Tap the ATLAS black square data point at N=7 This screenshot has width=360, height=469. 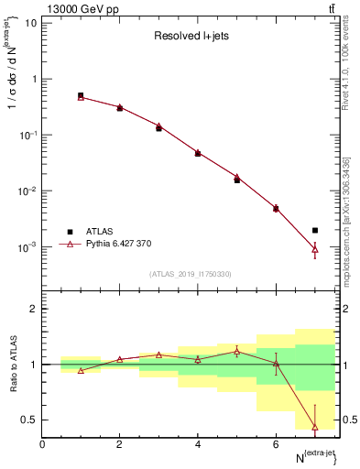pos(315,231)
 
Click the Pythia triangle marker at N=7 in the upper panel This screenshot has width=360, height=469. pos(315,248)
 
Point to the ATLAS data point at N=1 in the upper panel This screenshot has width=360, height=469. pos(81,95)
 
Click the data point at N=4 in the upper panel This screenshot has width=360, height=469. pos(198,153)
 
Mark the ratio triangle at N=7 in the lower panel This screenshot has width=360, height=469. pos(315,427)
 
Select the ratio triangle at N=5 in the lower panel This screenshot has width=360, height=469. pos(236,352)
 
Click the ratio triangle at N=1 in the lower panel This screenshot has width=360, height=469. pos(81,371)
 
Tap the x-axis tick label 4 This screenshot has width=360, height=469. pos(198,444)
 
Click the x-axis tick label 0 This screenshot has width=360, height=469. pos(42,444)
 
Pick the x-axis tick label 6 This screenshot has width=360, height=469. pos(276,444)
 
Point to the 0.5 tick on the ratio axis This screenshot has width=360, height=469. pos(31,420)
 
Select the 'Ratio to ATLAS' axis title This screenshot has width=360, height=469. pos(12,364)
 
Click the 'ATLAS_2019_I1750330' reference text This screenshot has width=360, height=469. pos(190,274)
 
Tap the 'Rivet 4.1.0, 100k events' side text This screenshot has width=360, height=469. pos(346,64)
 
